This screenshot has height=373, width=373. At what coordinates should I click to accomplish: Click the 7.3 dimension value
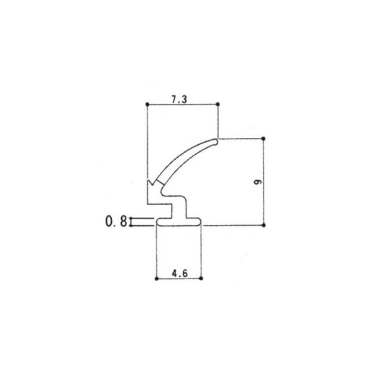[x=182, y=97]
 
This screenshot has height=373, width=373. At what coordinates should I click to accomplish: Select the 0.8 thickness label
[x=116, y=221]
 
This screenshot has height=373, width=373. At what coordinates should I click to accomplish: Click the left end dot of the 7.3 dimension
[x=146, y=104]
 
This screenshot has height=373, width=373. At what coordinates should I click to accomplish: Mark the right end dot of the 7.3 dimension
[x=219, y=104]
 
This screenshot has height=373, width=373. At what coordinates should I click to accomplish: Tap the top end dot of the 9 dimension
[x=264, y=138]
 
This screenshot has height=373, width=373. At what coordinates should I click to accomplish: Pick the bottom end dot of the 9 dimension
[x=264, y=224]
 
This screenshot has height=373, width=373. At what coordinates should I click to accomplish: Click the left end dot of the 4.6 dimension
[x=155, y=278]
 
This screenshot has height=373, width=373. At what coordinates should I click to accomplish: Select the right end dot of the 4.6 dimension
[x=202, y=278]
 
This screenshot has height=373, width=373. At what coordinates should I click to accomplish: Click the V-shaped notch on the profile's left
[x=150, y=185]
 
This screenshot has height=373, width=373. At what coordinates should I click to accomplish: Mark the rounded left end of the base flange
[x=158, y=221]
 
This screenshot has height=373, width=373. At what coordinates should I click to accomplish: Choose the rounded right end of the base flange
[x=200, y=221]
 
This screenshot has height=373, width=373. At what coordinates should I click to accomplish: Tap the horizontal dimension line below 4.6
[x=178, y=278]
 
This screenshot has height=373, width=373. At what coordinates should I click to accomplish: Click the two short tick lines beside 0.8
[x=142, y=221]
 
